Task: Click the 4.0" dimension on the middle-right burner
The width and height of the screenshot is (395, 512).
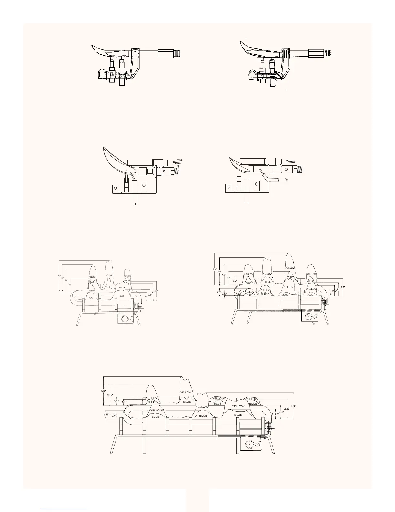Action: pos(343,286)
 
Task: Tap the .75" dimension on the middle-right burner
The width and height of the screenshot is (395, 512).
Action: pos(225,294)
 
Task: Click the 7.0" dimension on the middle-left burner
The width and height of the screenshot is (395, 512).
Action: pos(59,275)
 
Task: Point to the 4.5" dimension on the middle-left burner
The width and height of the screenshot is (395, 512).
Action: pos(156,291)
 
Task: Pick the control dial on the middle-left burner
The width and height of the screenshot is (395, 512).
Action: pos(125,319)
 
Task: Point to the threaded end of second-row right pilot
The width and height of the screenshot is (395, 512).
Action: pos(300,169)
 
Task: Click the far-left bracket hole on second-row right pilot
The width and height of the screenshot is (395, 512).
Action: pos(228,187)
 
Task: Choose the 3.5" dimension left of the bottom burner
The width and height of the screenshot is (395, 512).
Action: pos(110,395)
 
